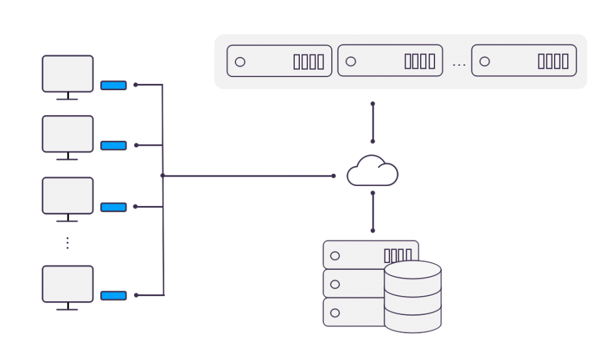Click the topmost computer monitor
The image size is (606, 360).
click(x=68, y=74)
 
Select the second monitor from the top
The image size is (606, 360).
click(x=68, y=134)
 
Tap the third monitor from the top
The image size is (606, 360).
click(x=68, y=195)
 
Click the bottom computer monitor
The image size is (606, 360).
click(x=68, y=284)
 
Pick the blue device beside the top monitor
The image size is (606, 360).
click(x=113, y=85)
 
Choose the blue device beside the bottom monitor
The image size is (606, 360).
click(x=113, y=296)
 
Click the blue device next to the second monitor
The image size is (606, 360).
click(x=113, y=146)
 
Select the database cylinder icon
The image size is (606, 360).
click(x=413, y=297)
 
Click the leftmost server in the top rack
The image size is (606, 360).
click(x=279, y=61)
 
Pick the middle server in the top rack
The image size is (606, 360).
click(x=390, y=61)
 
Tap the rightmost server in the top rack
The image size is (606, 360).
click(x=524, y=61)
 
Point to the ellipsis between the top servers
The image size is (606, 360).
click(x=459, y=64)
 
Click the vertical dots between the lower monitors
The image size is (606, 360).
click(x=68, y=244)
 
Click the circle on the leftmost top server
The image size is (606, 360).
click(x=240, y=61)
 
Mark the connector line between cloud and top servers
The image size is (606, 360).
click(x=373, y=122)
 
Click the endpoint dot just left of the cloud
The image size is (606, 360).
click(x=334, y=176)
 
